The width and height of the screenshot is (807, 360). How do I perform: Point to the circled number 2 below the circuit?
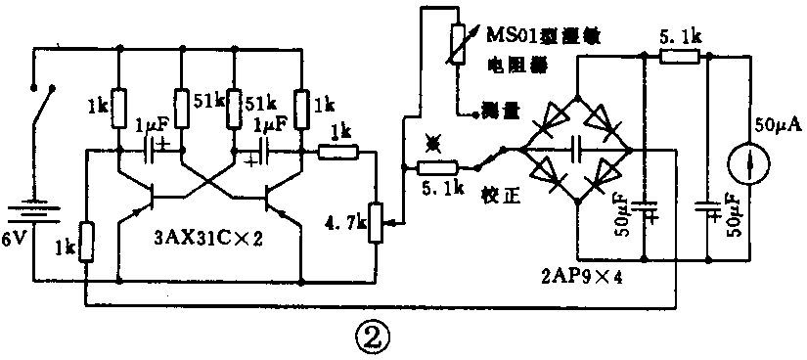pos(372,337)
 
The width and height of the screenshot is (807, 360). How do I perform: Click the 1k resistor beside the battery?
pos(86,241)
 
